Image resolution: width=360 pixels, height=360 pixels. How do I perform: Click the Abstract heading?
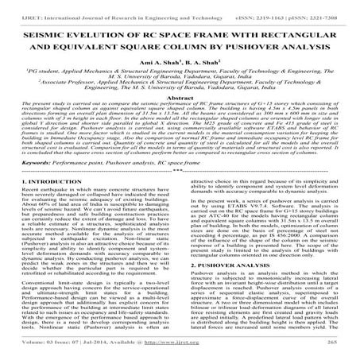(x=180, y=110)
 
